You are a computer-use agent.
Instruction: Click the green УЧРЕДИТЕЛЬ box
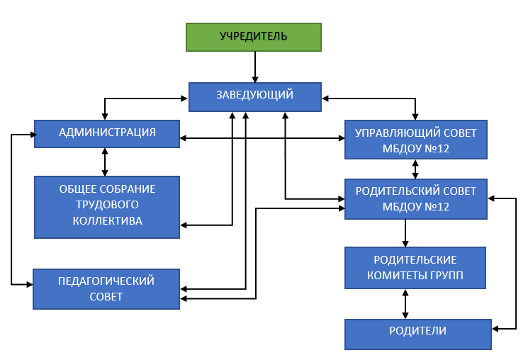click(x=253, y=37)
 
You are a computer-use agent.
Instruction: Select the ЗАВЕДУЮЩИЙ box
click(x=254, y=97)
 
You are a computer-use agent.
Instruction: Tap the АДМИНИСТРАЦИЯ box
click(x=107, y=133)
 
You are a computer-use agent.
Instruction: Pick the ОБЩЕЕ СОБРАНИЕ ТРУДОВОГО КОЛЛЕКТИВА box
click(x=107, y=206)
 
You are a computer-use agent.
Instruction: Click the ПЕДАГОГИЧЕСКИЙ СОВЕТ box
click(x=106, y=288)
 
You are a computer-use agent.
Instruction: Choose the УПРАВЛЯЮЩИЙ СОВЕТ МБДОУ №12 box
click(x=415, y=140)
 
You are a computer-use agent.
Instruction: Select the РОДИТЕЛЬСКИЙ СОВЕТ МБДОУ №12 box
click(x=415, y=198)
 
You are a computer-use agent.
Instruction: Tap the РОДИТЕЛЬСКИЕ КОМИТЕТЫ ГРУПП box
click(x=415, y=267)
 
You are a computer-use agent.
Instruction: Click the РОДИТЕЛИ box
click(x=417, y=333)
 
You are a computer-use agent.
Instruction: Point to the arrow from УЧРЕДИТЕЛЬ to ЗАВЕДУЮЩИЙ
click(x=254, y=67)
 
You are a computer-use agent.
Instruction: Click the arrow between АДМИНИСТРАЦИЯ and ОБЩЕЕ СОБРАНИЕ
click(x=106, y=162)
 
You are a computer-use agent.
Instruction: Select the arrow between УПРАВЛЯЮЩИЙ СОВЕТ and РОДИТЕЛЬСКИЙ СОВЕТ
click(x=415, y=169)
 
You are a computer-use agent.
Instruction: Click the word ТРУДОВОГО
click(x=107, y=205)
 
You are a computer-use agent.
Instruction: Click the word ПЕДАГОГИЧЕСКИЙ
click(x=106, y=281)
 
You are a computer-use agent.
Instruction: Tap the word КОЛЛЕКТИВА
click(x=107, y=220)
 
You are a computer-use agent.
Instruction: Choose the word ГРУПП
click(x=444, y=275)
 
